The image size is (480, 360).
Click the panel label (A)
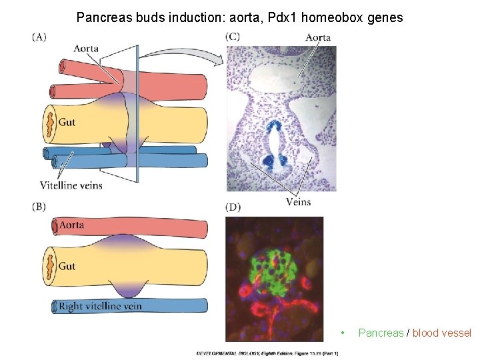[x=39, y=37]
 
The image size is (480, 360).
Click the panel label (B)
[x=39, y=207]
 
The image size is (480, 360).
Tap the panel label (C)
[x=233, y=37]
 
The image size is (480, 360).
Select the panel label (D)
[x=233, y=207]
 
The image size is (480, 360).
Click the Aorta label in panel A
[x=87, y=48]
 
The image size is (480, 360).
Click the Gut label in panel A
[x=67, y=122]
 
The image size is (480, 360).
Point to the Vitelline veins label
[x=71, y=185]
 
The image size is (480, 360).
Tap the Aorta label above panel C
[x=318, y=37]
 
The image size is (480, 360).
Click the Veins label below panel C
[x=298, y=202]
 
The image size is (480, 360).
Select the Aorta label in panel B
[x=72, y=225]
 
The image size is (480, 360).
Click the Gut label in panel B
[x=67, y=266]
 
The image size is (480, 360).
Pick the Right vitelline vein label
[x=100, y=307]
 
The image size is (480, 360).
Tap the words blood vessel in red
[x=441, y=333]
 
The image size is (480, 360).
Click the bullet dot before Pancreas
[x=342, y=333]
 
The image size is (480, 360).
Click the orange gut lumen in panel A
[x=49, y=123]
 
